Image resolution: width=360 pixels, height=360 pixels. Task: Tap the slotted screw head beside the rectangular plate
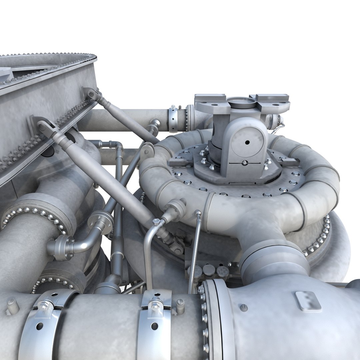point(244,307)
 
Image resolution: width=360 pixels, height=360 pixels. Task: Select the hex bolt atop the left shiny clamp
point(45,304)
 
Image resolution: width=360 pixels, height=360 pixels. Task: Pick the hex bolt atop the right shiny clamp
point(155,305)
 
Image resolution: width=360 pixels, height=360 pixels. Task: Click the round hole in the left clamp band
point(39,326)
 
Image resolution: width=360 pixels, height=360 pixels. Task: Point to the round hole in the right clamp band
point(154,326)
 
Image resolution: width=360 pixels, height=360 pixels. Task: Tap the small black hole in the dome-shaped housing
point(247,142)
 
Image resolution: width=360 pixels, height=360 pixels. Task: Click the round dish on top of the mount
point(241,102)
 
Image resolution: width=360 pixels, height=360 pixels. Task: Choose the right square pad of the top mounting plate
point(273,99)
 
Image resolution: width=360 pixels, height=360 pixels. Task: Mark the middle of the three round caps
point(209,270)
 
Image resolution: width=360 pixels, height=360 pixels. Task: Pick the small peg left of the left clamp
point(12,306)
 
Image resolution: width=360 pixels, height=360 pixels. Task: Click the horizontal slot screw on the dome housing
point(245,163)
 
